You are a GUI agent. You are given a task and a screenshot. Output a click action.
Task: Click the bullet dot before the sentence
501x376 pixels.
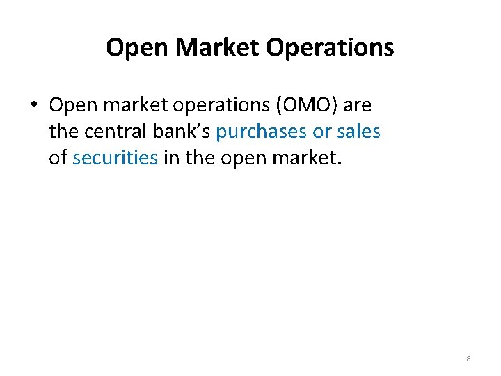pyautogui.click(x=33, y=106)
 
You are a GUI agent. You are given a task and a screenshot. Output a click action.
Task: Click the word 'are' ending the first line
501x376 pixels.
pyautogui.click(x=358, y=106)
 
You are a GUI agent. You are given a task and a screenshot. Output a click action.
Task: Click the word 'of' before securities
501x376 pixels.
pyautogui.click(x=58, y=157)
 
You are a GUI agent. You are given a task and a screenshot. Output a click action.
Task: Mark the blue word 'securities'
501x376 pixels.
pyautogui.click(x=115, y=157)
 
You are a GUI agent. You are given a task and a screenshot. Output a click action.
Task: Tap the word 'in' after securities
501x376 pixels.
pyautogui.click(x=171, y=157)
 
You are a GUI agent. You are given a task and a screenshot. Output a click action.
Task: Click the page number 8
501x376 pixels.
pyautogui.click(x=468, y=359)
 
